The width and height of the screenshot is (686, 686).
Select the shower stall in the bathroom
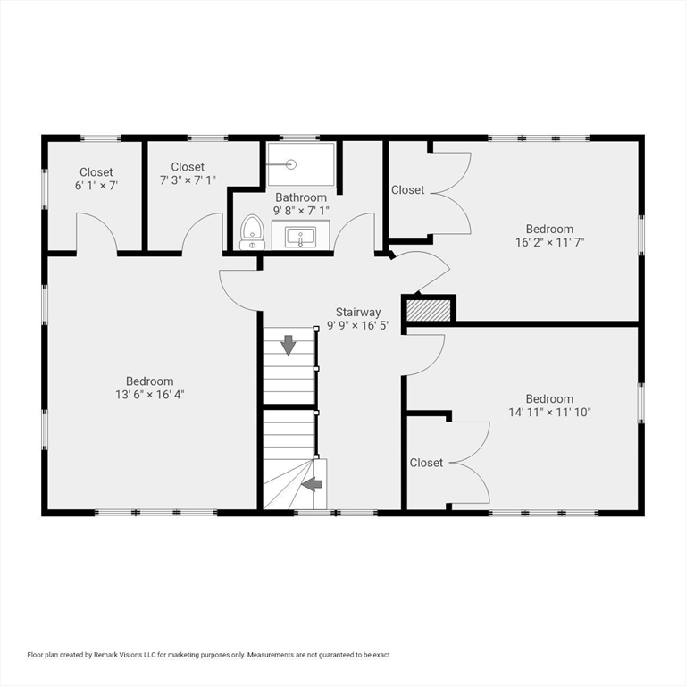coord(300,164)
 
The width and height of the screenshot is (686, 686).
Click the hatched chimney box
coord(429,310)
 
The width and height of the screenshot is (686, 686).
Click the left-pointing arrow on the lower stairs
coord(311,484)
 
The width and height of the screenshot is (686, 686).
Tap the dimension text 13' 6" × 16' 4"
coord(149,394)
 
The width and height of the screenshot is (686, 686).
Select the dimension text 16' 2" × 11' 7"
coord(549,242)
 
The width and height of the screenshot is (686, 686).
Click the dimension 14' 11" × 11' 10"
coord(549,413)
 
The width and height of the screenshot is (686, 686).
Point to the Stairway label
coord(358,312)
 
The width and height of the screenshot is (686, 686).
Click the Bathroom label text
coord(300,197)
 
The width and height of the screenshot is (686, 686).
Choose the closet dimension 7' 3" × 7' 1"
coord(188,180)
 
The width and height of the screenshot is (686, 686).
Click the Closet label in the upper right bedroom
coord(408,190)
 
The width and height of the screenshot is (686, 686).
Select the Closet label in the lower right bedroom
coord(426,463)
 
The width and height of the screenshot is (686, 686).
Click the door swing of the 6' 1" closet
coord(96,234)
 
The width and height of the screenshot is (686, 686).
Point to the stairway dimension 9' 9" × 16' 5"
coord(358,325)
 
